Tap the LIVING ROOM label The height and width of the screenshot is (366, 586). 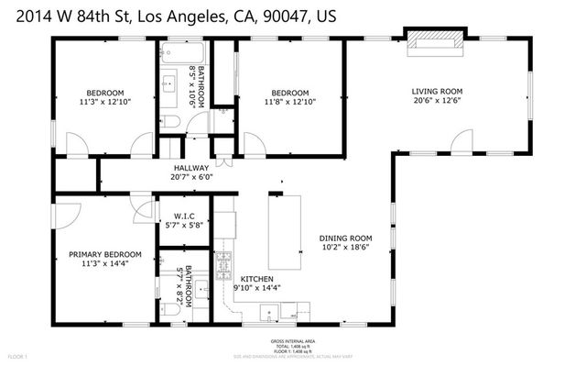pyautogui.click(x=436, y=91)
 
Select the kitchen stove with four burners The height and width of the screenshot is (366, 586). pyautogui.click(x=224, y=266)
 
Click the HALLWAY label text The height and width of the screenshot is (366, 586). pyautogui.click(x=191, y=168)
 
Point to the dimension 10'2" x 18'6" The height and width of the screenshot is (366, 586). pyautogui.click(x=344, y=247)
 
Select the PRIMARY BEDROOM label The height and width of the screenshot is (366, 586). pyautogui.click(x=105, y=254)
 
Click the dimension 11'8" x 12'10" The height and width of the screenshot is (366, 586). pyautogui.click(x=289, y=103)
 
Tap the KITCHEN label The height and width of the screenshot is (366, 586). pyautogui.click(x=259, y=278)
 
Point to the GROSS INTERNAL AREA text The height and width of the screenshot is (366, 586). pyautogui.click(x=293, y=340)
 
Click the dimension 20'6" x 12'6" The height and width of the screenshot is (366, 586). pyautogui.click(x=436, y=102)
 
